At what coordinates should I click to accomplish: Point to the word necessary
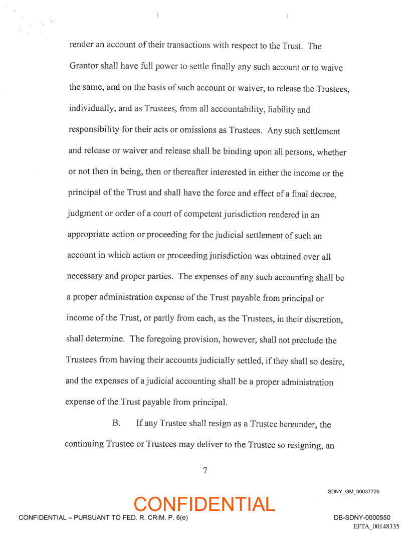click(85, 277)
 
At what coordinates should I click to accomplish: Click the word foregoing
click(171, 339)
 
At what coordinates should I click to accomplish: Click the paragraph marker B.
click(116, 423)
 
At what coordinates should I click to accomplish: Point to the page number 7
click(204, 470)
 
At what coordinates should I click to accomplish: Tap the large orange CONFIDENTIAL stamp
click(204, 504)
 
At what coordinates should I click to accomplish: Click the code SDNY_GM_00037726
click(353, 492)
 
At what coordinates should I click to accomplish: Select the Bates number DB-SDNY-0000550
click(362, 517)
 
